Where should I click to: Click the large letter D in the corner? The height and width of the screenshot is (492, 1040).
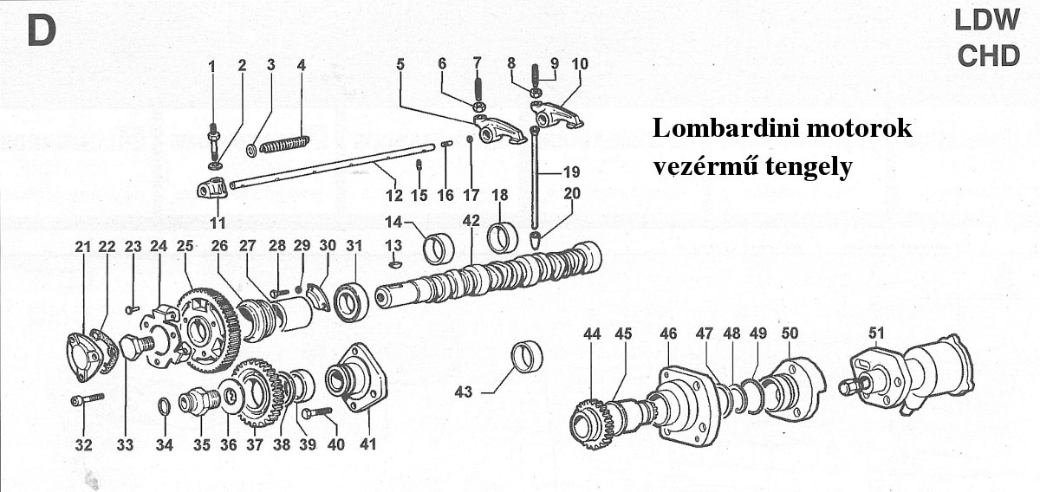coord(41,31)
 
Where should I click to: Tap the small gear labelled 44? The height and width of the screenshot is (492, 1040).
coord(594,422)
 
